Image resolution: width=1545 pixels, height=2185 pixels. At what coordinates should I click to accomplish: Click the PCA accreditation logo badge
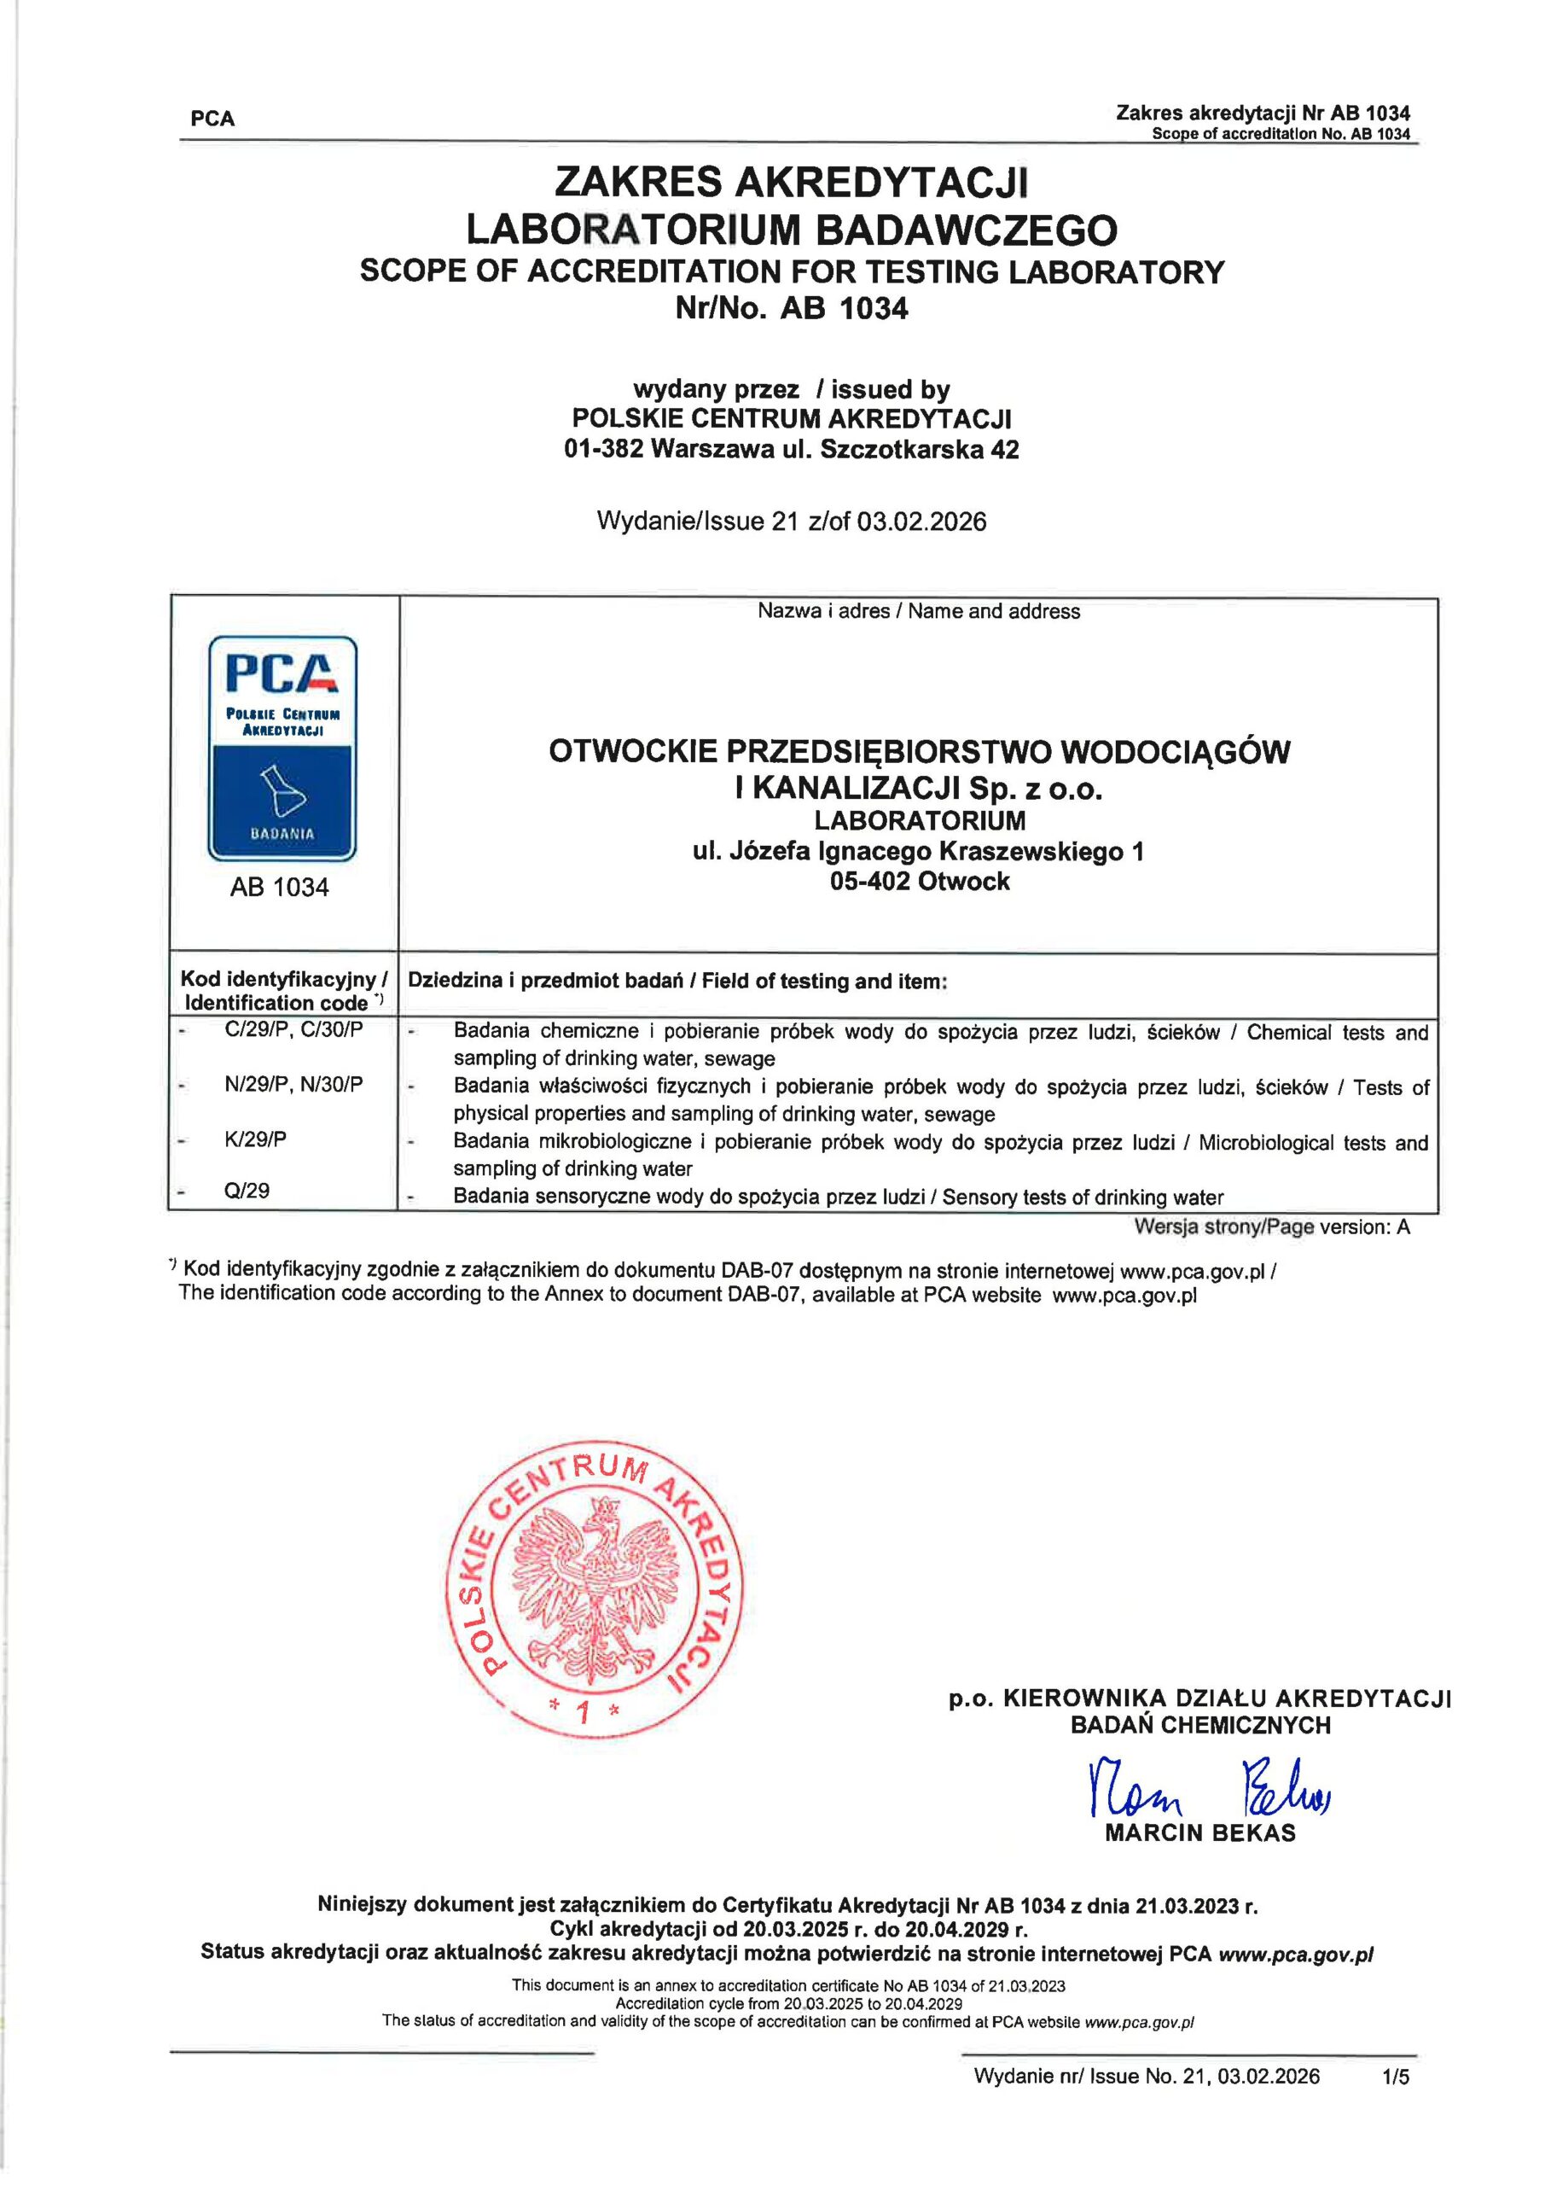(282, 748)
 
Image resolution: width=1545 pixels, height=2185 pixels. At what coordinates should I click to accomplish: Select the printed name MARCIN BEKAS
(1199, 1832)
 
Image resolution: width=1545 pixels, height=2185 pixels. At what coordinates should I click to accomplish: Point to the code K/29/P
(255, 1139)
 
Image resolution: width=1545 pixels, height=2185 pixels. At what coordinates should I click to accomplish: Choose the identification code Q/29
(247, 1191)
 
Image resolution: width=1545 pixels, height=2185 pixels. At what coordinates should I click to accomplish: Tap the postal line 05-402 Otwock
(919, 881)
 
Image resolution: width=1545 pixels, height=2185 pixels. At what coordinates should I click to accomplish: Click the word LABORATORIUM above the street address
(919, 819)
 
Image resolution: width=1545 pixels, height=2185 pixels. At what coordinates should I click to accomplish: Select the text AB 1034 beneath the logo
(279, 887)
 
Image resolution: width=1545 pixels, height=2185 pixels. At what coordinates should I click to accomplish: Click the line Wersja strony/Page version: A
(1271, 1227)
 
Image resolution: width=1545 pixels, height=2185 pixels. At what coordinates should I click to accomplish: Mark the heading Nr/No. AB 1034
(791, 308)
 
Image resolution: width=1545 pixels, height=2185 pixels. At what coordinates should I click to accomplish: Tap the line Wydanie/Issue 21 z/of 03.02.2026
(791, 521)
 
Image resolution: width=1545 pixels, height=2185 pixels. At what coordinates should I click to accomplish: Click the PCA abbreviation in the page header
(212, 119)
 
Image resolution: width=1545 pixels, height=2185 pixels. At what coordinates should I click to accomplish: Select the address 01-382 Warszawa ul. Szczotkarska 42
(791, 449)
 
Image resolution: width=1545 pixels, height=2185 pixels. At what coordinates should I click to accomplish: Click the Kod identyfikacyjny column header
(283, 990)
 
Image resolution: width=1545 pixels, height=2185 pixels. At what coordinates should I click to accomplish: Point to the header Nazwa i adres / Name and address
(918, 611)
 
